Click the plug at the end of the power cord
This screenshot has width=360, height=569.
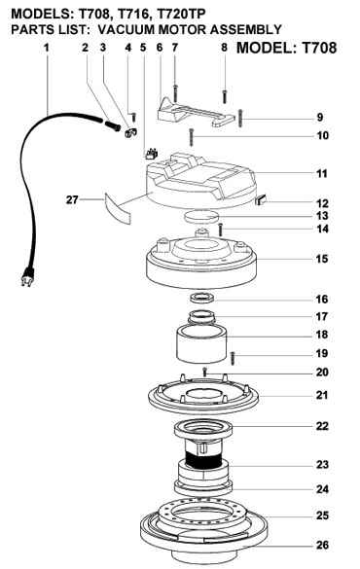(x=27, y=276)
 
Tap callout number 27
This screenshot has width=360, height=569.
(x=72, y=199)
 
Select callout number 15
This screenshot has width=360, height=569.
(x=322, y=259)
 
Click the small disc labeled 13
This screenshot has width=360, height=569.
(x=201, y=217)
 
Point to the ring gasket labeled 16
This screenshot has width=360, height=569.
(x=202, y=298)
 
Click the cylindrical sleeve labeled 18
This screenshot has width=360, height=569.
(x=201, y=343)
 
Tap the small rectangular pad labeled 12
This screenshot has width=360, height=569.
(x=262, y=199)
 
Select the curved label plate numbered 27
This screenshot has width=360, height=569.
(x=117, y=209)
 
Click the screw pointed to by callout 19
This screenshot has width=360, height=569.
(x=234, y=358)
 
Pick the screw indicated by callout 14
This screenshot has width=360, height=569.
(x=220, y=230)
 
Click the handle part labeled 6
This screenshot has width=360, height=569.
(x=196, y=113)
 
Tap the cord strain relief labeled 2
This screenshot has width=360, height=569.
(x=112, y=125)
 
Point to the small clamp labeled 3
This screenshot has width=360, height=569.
(x=130, y=132)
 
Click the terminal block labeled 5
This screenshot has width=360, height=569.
(x=151, y=155)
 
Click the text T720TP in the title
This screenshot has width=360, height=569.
(x=181, y=14)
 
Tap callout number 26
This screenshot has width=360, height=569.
(x=322, y=545)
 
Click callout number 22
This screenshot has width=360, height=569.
(x=322, y=426)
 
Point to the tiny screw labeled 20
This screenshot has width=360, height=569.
(x=205, y=372)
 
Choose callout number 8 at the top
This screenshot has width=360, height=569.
(x=225, y=48)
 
